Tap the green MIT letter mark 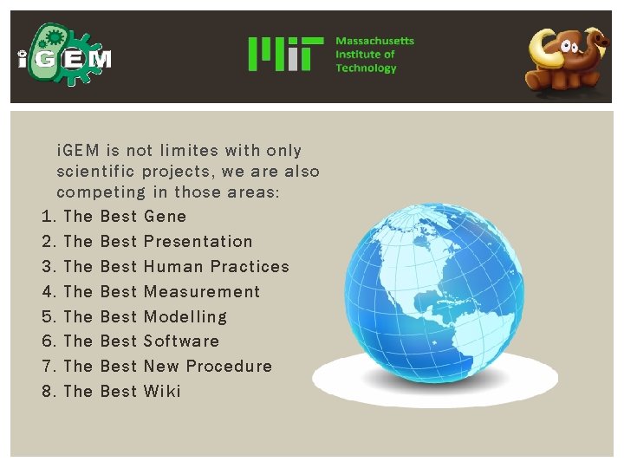coord(285,54)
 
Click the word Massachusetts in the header coord(374,41)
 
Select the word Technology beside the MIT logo coord(366,68)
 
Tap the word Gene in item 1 coord(165,216)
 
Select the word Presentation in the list coord(198,241)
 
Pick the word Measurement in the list coord(201,291)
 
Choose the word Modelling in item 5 coord(185,316)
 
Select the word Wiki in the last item coord(162,391)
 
